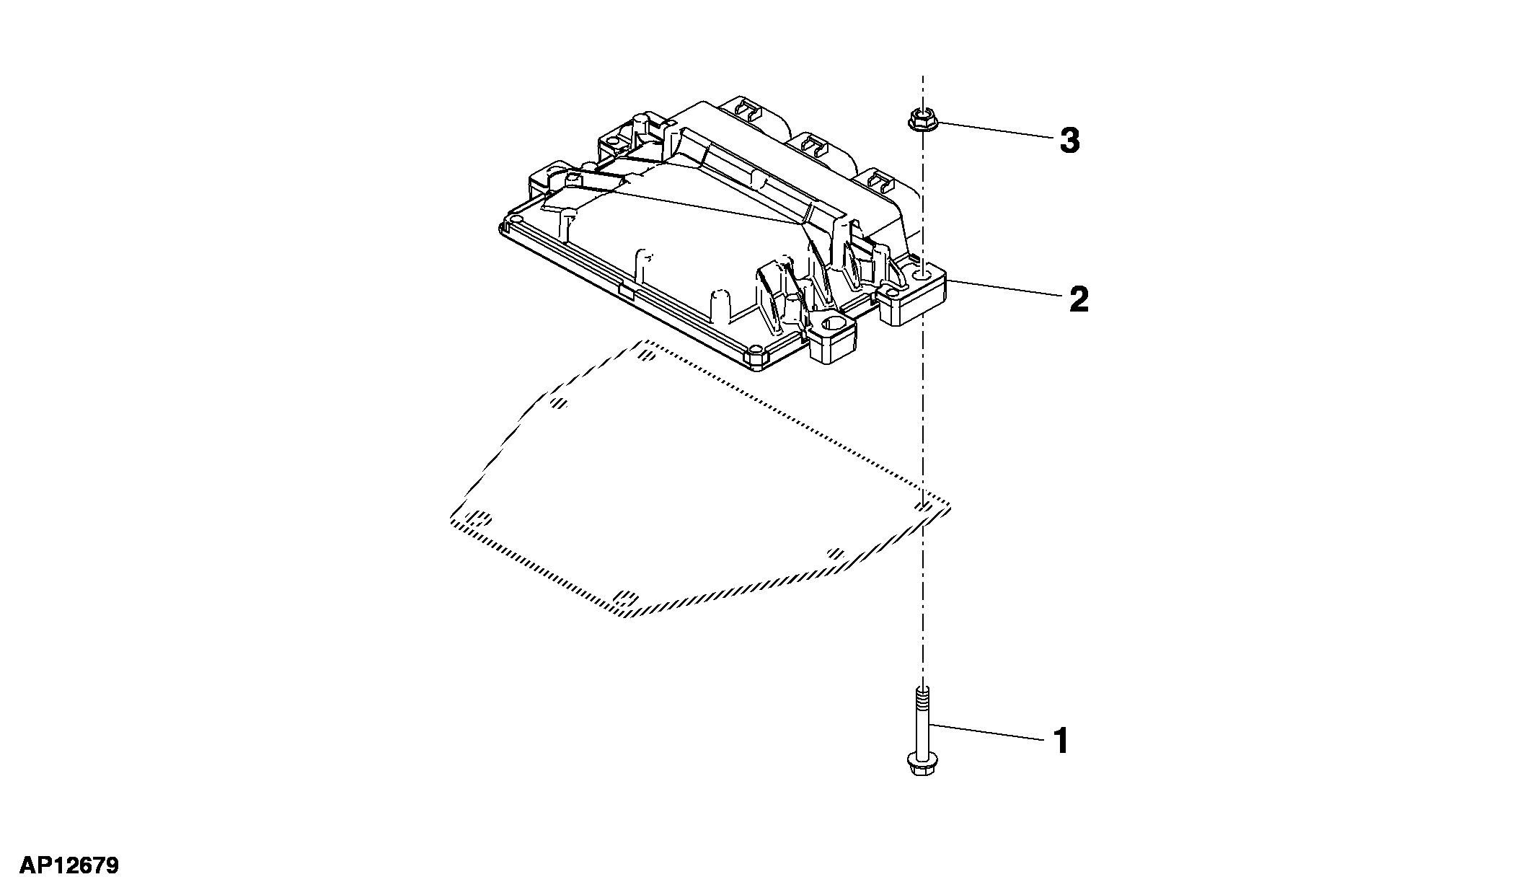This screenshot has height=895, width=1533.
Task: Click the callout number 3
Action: tap(1069, 141)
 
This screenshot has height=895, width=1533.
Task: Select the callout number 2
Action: tap(1079, 299)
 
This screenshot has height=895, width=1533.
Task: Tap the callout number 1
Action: tap(1061, 741)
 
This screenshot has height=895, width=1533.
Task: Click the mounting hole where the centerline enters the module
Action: tap(922, 275)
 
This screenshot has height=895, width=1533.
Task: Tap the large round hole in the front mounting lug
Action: tap(834, 325)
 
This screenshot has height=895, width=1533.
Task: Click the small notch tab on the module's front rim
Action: tap(627, 292)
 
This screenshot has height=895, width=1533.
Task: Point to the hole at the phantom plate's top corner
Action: tap(646, 354)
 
